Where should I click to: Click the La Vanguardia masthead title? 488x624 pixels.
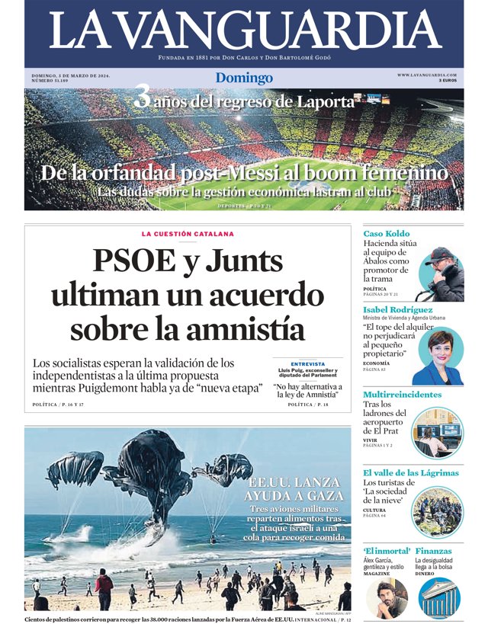(244, 30)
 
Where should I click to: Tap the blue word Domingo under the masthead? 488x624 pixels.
(244, 78)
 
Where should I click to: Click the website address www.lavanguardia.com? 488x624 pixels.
(427, 75)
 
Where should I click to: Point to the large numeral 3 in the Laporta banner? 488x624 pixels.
(142, 98)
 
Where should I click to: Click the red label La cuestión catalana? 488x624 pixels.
(188, 234)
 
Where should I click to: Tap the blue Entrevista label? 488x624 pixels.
(307, 363)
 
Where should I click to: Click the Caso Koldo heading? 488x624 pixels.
(386, 233)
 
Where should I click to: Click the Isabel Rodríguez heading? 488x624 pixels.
(401, 310)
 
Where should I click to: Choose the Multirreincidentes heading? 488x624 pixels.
(402, 395)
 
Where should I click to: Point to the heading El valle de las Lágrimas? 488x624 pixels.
(410, 473)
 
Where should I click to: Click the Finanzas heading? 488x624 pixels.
(434, 551)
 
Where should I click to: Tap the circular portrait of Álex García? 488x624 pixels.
(387, 597)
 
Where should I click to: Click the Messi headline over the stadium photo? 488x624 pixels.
(244, 173)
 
